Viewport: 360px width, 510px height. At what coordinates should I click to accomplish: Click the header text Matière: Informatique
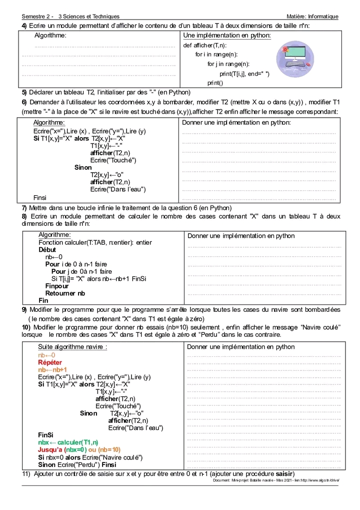coord(309,17)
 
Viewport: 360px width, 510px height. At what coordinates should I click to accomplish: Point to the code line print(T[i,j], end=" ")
coord(244,74)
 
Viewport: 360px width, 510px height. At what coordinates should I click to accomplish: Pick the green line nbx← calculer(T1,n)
coord(68,442)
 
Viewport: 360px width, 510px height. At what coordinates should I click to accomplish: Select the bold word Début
coord(47,250)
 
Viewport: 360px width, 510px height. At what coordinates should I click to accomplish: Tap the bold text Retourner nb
coord(65,293)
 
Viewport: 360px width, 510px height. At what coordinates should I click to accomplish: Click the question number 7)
coord(24,208)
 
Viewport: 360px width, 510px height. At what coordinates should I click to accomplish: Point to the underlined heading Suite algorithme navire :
coord(72,347)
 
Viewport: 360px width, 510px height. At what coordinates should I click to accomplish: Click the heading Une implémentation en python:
coord(227,36)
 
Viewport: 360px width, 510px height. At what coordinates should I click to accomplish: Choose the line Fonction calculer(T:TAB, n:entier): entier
coord(95,242)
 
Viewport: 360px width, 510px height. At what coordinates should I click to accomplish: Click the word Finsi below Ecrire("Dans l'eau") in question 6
coord(40,198)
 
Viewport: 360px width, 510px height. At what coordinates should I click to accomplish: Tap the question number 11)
coord(26,473)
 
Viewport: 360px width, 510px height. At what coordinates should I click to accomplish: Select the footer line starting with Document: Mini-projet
coord(275,480)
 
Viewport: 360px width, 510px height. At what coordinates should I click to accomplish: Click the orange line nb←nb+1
coord(52,370)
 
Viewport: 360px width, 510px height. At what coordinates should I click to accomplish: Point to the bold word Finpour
coord(57,286)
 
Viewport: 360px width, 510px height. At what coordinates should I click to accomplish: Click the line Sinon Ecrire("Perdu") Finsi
coord(77,464)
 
